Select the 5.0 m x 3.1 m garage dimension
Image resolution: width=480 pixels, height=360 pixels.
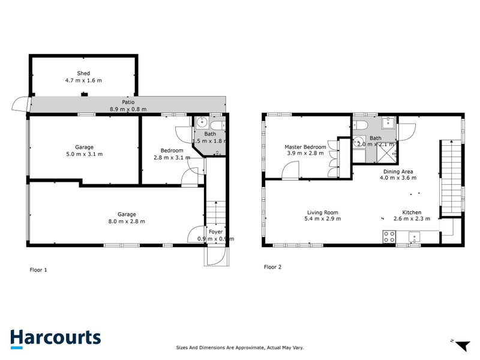pos(84,154)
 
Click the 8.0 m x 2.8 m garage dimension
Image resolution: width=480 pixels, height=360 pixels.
pos(127,221)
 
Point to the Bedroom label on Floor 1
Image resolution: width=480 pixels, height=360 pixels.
pos(172,150)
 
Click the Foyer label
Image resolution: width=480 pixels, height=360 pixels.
pos(215,232)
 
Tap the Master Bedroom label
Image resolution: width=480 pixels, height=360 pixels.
pos(305,146)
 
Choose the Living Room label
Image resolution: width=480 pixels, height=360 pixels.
pos(323,212)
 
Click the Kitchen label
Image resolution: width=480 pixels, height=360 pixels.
pos(412,212)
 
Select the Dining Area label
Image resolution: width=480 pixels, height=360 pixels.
pos(398,171)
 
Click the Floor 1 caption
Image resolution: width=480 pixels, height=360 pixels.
pos(38,270)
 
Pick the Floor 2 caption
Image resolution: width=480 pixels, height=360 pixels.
pos(272,267)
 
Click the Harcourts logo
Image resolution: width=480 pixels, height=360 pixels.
pos(55,337)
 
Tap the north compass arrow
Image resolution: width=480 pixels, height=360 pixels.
pos(460,345)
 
